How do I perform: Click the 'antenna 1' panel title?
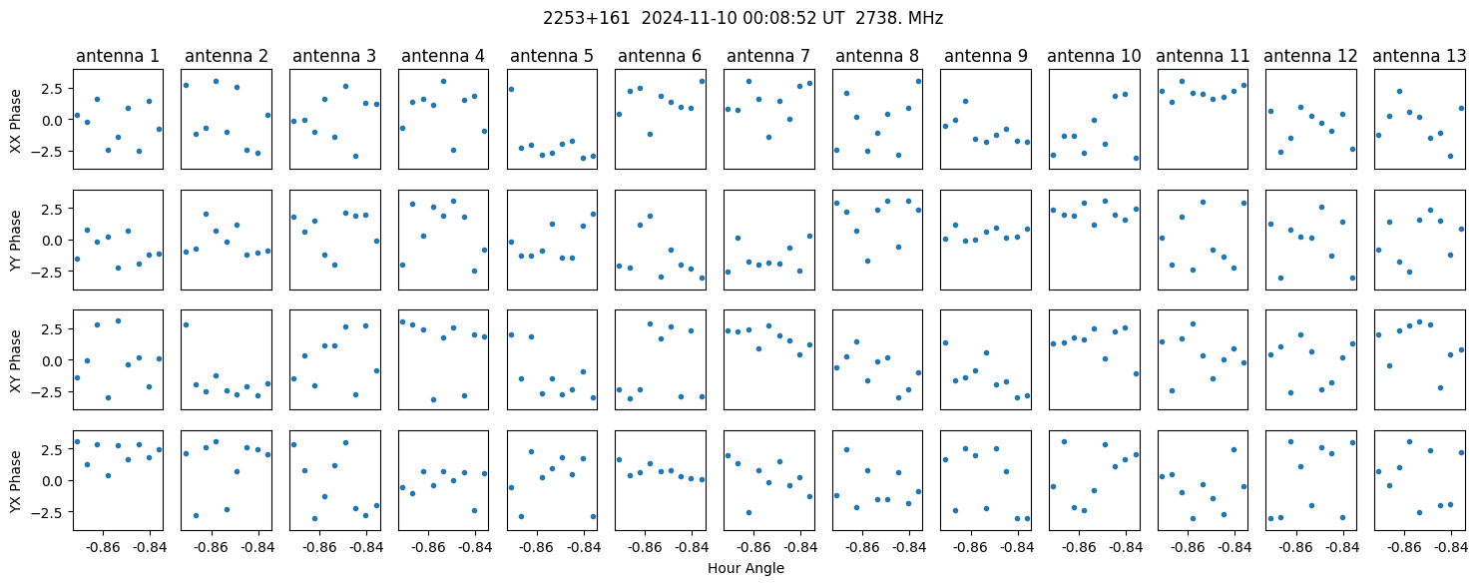pos(118,57)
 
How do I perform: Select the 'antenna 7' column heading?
pos(767,57)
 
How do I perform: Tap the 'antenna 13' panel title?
pos(1419,57)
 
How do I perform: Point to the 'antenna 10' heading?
pos(1094,57)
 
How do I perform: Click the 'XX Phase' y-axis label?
pos(16,121)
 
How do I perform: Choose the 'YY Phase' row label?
pos(16,241)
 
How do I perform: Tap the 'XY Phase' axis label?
pos(16,361)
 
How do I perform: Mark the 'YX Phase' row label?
pos(16,481)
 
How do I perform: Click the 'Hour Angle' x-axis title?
pos(745,568)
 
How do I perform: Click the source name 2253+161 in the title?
pos(587,19)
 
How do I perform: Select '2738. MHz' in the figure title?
pos(899,19)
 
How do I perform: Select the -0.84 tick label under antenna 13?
pos(1451,547)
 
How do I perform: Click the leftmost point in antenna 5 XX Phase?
pos(511,89)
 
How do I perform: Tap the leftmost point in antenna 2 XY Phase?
pos(186,324)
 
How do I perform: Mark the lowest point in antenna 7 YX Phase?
pos(748,512)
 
